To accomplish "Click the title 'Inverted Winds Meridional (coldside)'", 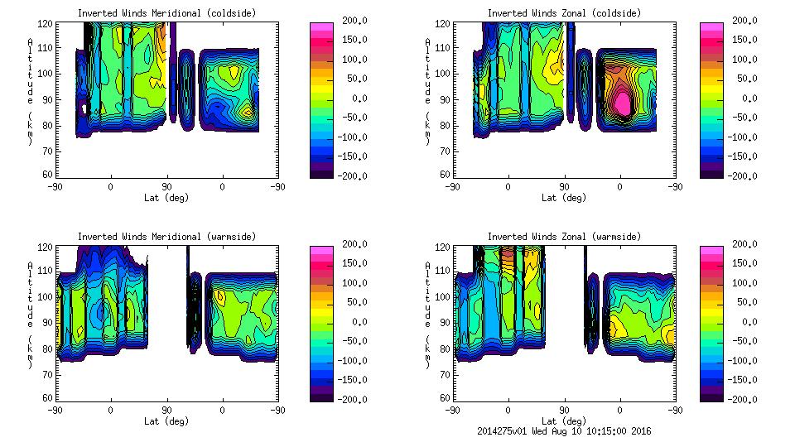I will pos(166,13).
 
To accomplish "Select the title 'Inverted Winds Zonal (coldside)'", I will pos(563,13).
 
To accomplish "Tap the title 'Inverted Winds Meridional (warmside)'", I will pos(166,237).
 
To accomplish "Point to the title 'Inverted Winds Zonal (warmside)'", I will pos(563,237).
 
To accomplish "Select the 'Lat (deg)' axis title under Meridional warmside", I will pos(166,421).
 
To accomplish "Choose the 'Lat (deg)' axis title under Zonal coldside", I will pos(563,198).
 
